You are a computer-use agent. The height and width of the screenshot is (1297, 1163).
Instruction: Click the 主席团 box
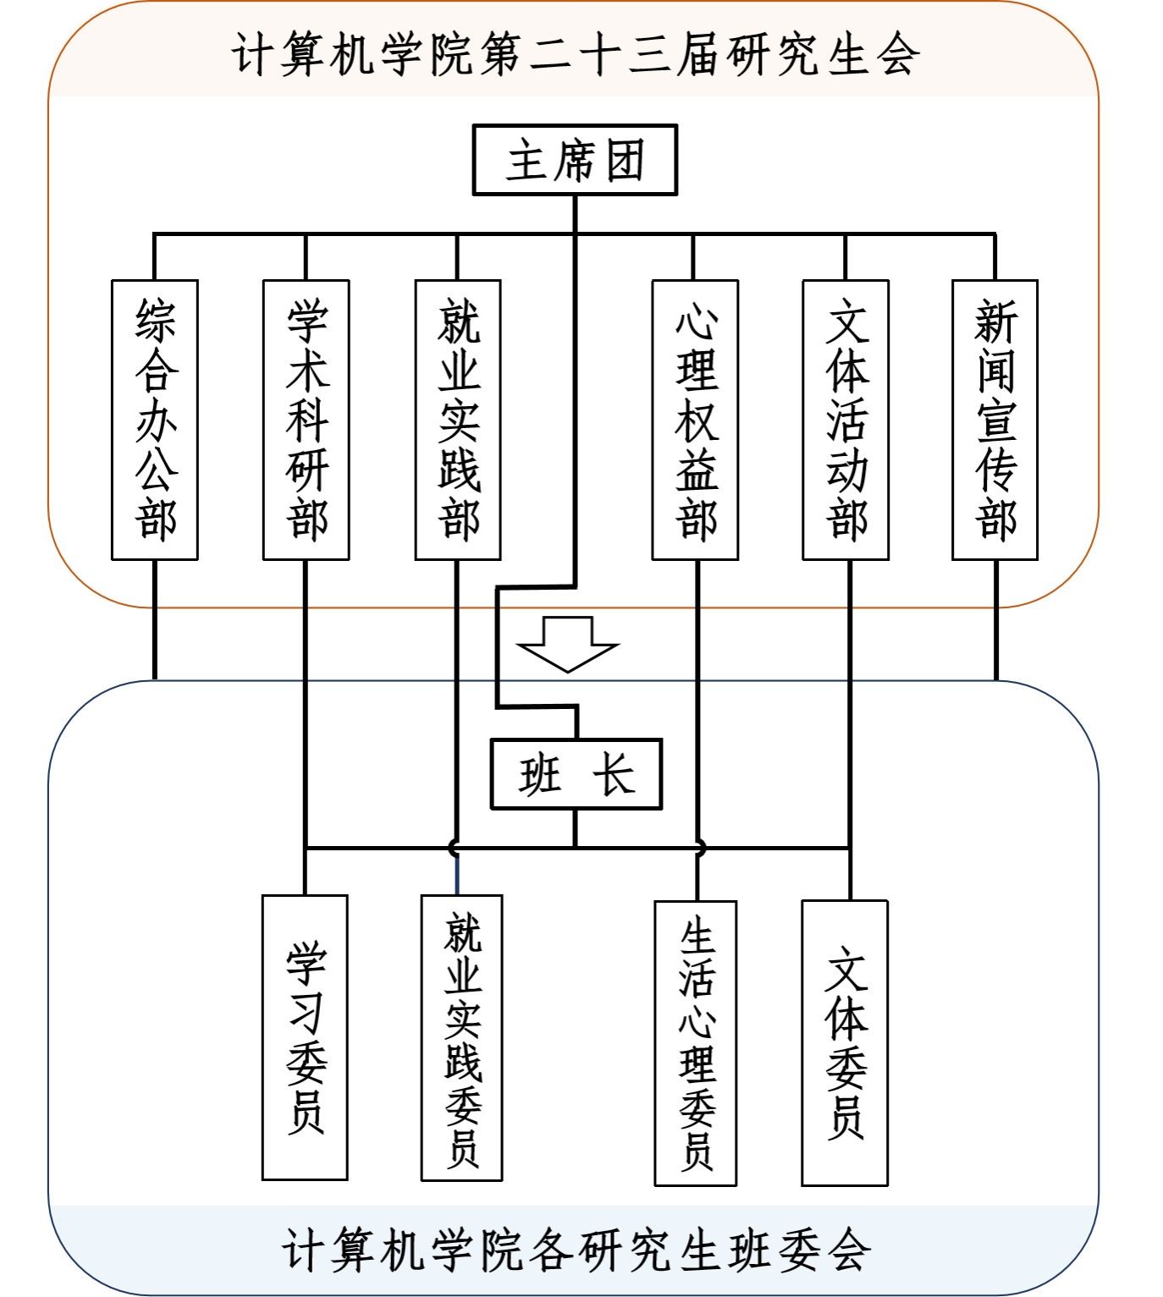coord(575,159)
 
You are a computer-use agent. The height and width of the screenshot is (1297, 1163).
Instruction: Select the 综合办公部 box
coord(154,420)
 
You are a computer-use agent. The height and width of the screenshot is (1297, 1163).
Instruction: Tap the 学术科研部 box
coord(306,420)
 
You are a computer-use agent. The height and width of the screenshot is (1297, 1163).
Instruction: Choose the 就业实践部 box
coord(458,420)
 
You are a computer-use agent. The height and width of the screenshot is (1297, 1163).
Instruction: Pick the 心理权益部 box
coord(696,420)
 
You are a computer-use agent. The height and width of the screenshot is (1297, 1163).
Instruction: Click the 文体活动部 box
coord(846,420)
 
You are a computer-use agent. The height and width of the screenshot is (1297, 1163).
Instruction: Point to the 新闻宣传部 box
coord(995,420)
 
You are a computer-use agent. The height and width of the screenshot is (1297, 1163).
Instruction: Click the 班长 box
coord(576,774)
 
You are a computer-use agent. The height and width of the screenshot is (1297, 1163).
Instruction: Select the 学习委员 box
coord(305,1037)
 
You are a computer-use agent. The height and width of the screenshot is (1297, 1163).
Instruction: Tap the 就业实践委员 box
coord(462,1037)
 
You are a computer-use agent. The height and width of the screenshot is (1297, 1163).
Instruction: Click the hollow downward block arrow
coord(567,644)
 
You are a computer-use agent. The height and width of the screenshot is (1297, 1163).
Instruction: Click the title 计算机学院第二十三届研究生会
coord(576,54)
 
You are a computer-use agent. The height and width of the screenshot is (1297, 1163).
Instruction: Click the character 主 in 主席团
coord(526,160)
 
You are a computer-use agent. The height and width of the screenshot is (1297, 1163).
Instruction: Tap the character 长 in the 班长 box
coord(614,775)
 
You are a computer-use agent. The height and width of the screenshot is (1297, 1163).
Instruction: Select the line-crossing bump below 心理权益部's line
coord(701,848)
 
